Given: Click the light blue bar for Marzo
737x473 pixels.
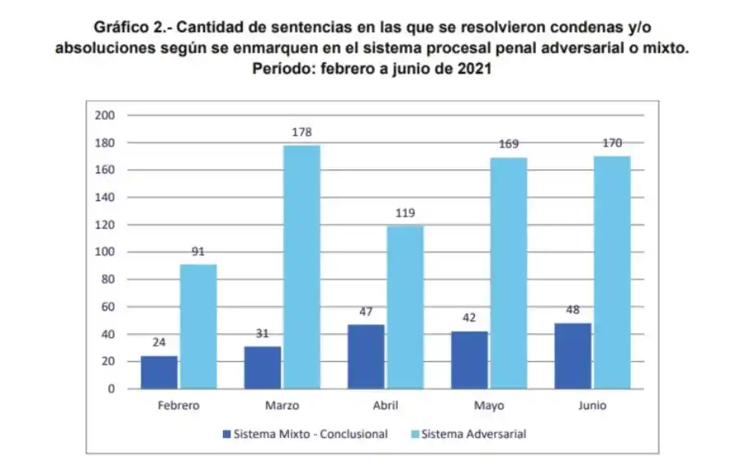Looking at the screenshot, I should point(302,267).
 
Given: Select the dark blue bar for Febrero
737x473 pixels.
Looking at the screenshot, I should point(159,373).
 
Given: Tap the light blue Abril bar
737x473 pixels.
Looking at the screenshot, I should point(405,307).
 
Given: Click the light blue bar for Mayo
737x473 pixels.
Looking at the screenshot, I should point(509,273).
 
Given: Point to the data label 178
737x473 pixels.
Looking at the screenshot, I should point(302,132).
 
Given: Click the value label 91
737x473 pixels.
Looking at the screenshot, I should point(198,252).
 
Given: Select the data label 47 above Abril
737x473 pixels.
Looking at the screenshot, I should point(365,311).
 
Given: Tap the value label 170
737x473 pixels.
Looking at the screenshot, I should point(611,143).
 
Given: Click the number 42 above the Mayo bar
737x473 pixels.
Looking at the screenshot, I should point(469,319).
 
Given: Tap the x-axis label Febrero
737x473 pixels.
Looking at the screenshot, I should point(178,405).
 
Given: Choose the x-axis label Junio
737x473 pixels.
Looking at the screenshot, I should point(592,405).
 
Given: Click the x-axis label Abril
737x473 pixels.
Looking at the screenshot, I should point(386,405).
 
